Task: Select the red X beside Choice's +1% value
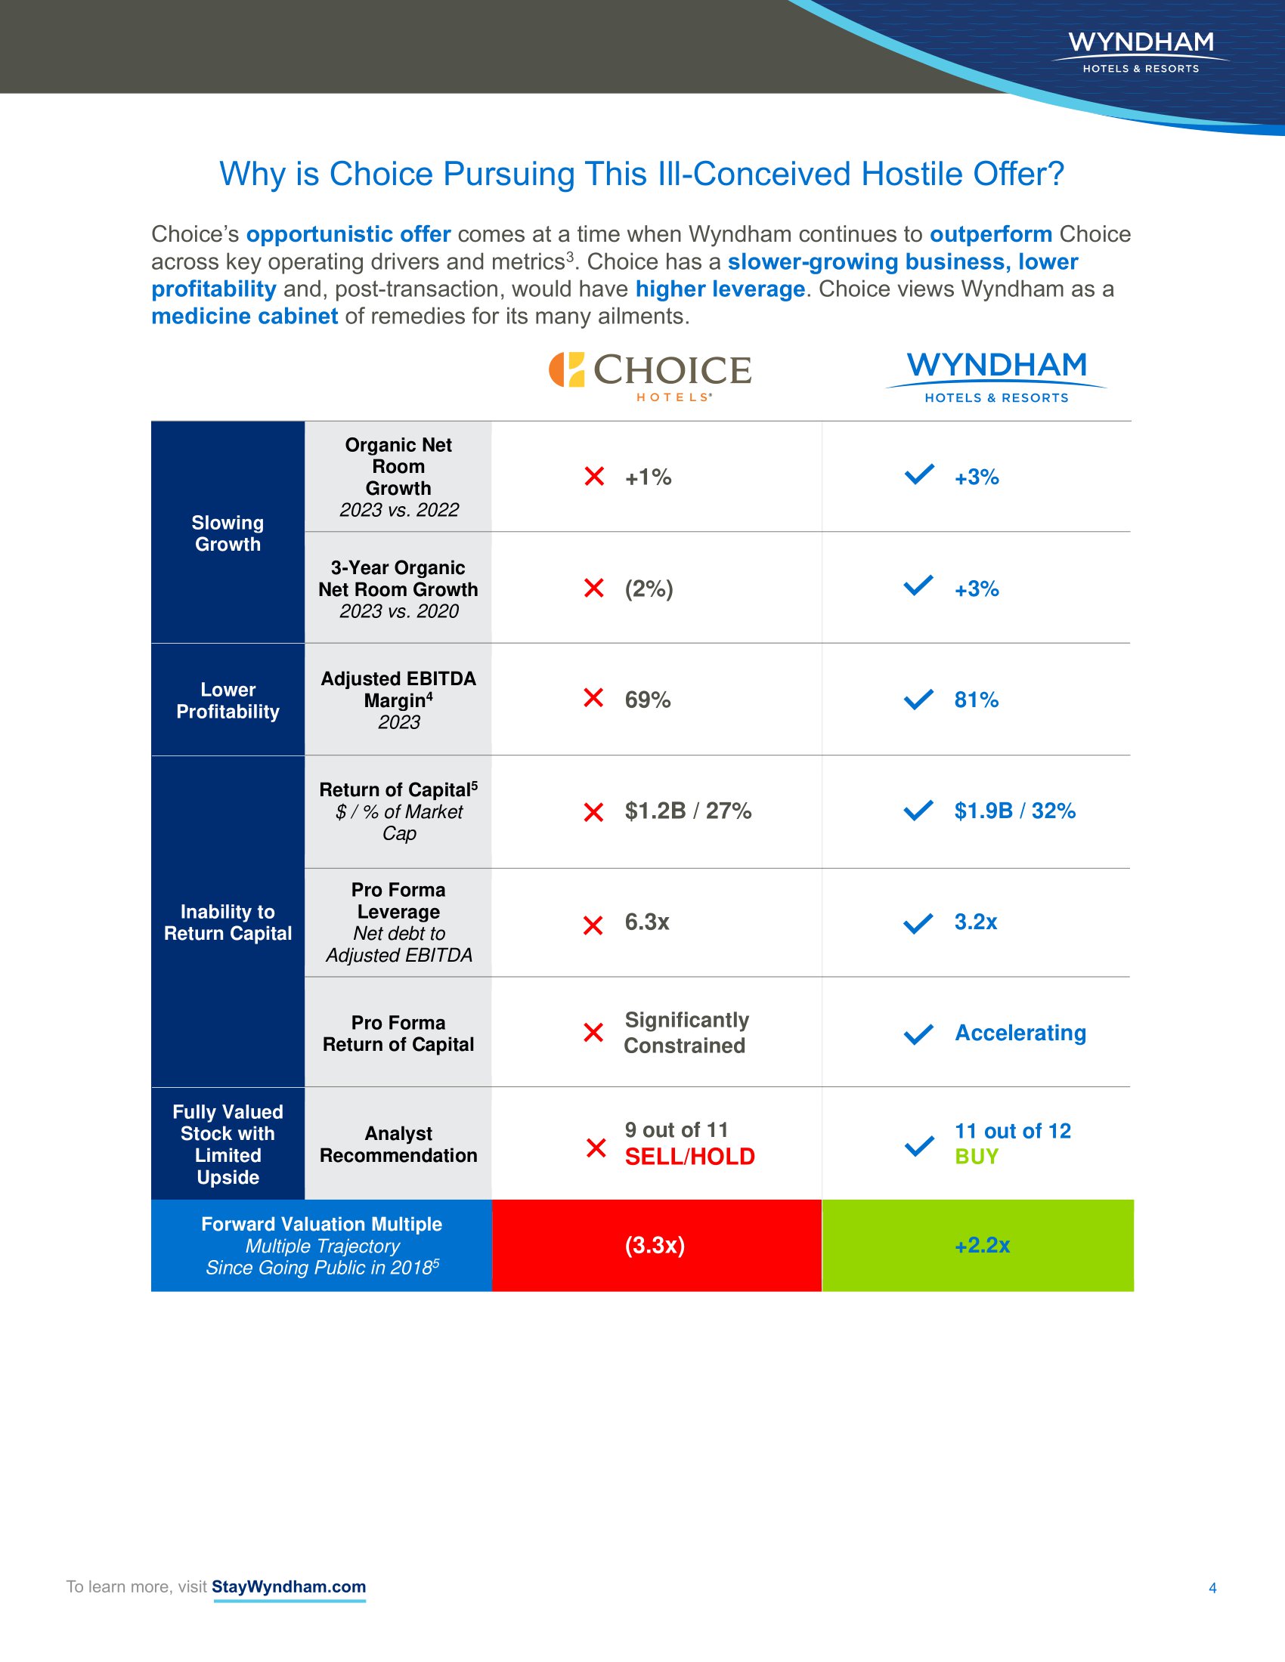tap(594, 477)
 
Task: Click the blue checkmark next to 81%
tap(918, 699)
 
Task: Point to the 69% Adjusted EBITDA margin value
tap(647, 700)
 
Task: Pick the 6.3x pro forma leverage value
tap(646, 922)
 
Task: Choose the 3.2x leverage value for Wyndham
tap(975, 922)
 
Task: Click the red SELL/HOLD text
tap(689, 1157)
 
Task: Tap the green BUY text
tap(976, 1157)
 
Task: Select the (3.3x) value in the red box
tap(655, 1245)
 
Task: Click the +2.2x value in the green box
tap(982, 1245)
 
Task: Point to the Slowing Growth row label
tap(228, 533)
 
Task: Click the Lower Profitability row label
tap(228, 700)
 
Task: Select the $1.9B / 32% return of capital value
tap(1014, 811)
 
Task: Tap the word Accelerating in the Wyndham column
tap(1020, 1033)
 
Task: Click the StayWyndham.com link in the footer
tap(289, 1586)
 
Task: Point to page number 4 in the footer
tap(1212, 1587)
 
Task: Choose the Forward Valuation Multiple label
tap(321, 1224)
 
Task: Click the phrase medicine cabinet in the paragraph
tap(244, 316)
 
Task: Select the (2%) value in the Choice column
tap(649, 588)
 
